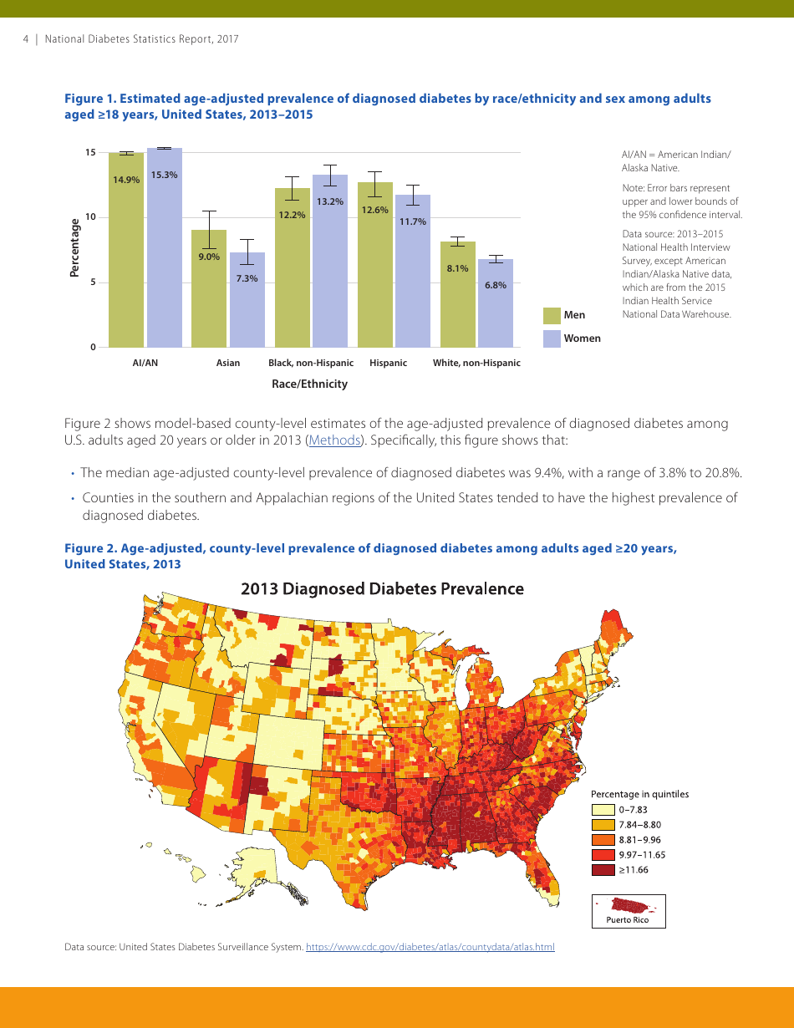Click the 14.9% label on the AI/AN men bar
[x=126, y=180]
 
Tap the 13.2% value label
[x=329, y=201]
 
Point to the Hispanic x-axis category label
[x=388, y=363]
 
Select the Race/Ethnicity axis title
[x=309, y=384]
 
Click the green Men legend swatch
[x=552, y=315]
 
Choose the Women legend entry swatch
[x=552, y=338]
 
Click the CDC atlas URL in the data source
[x=430, y=947]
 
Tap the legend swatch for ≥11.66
[x=603, y=870]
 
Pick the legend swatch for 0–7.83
[x=603, y=810]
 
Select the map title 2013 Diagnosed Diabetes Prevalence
[x=382, y=589]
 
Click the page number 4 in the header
[x=26, y=39]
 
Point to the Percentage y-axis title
[x=75, y=247]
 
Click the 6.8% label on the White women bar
[x=496, y=285]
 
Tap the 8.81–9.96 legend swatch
[x=603, y=840]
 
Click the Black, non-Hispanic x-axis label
[x=310, y=363]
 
